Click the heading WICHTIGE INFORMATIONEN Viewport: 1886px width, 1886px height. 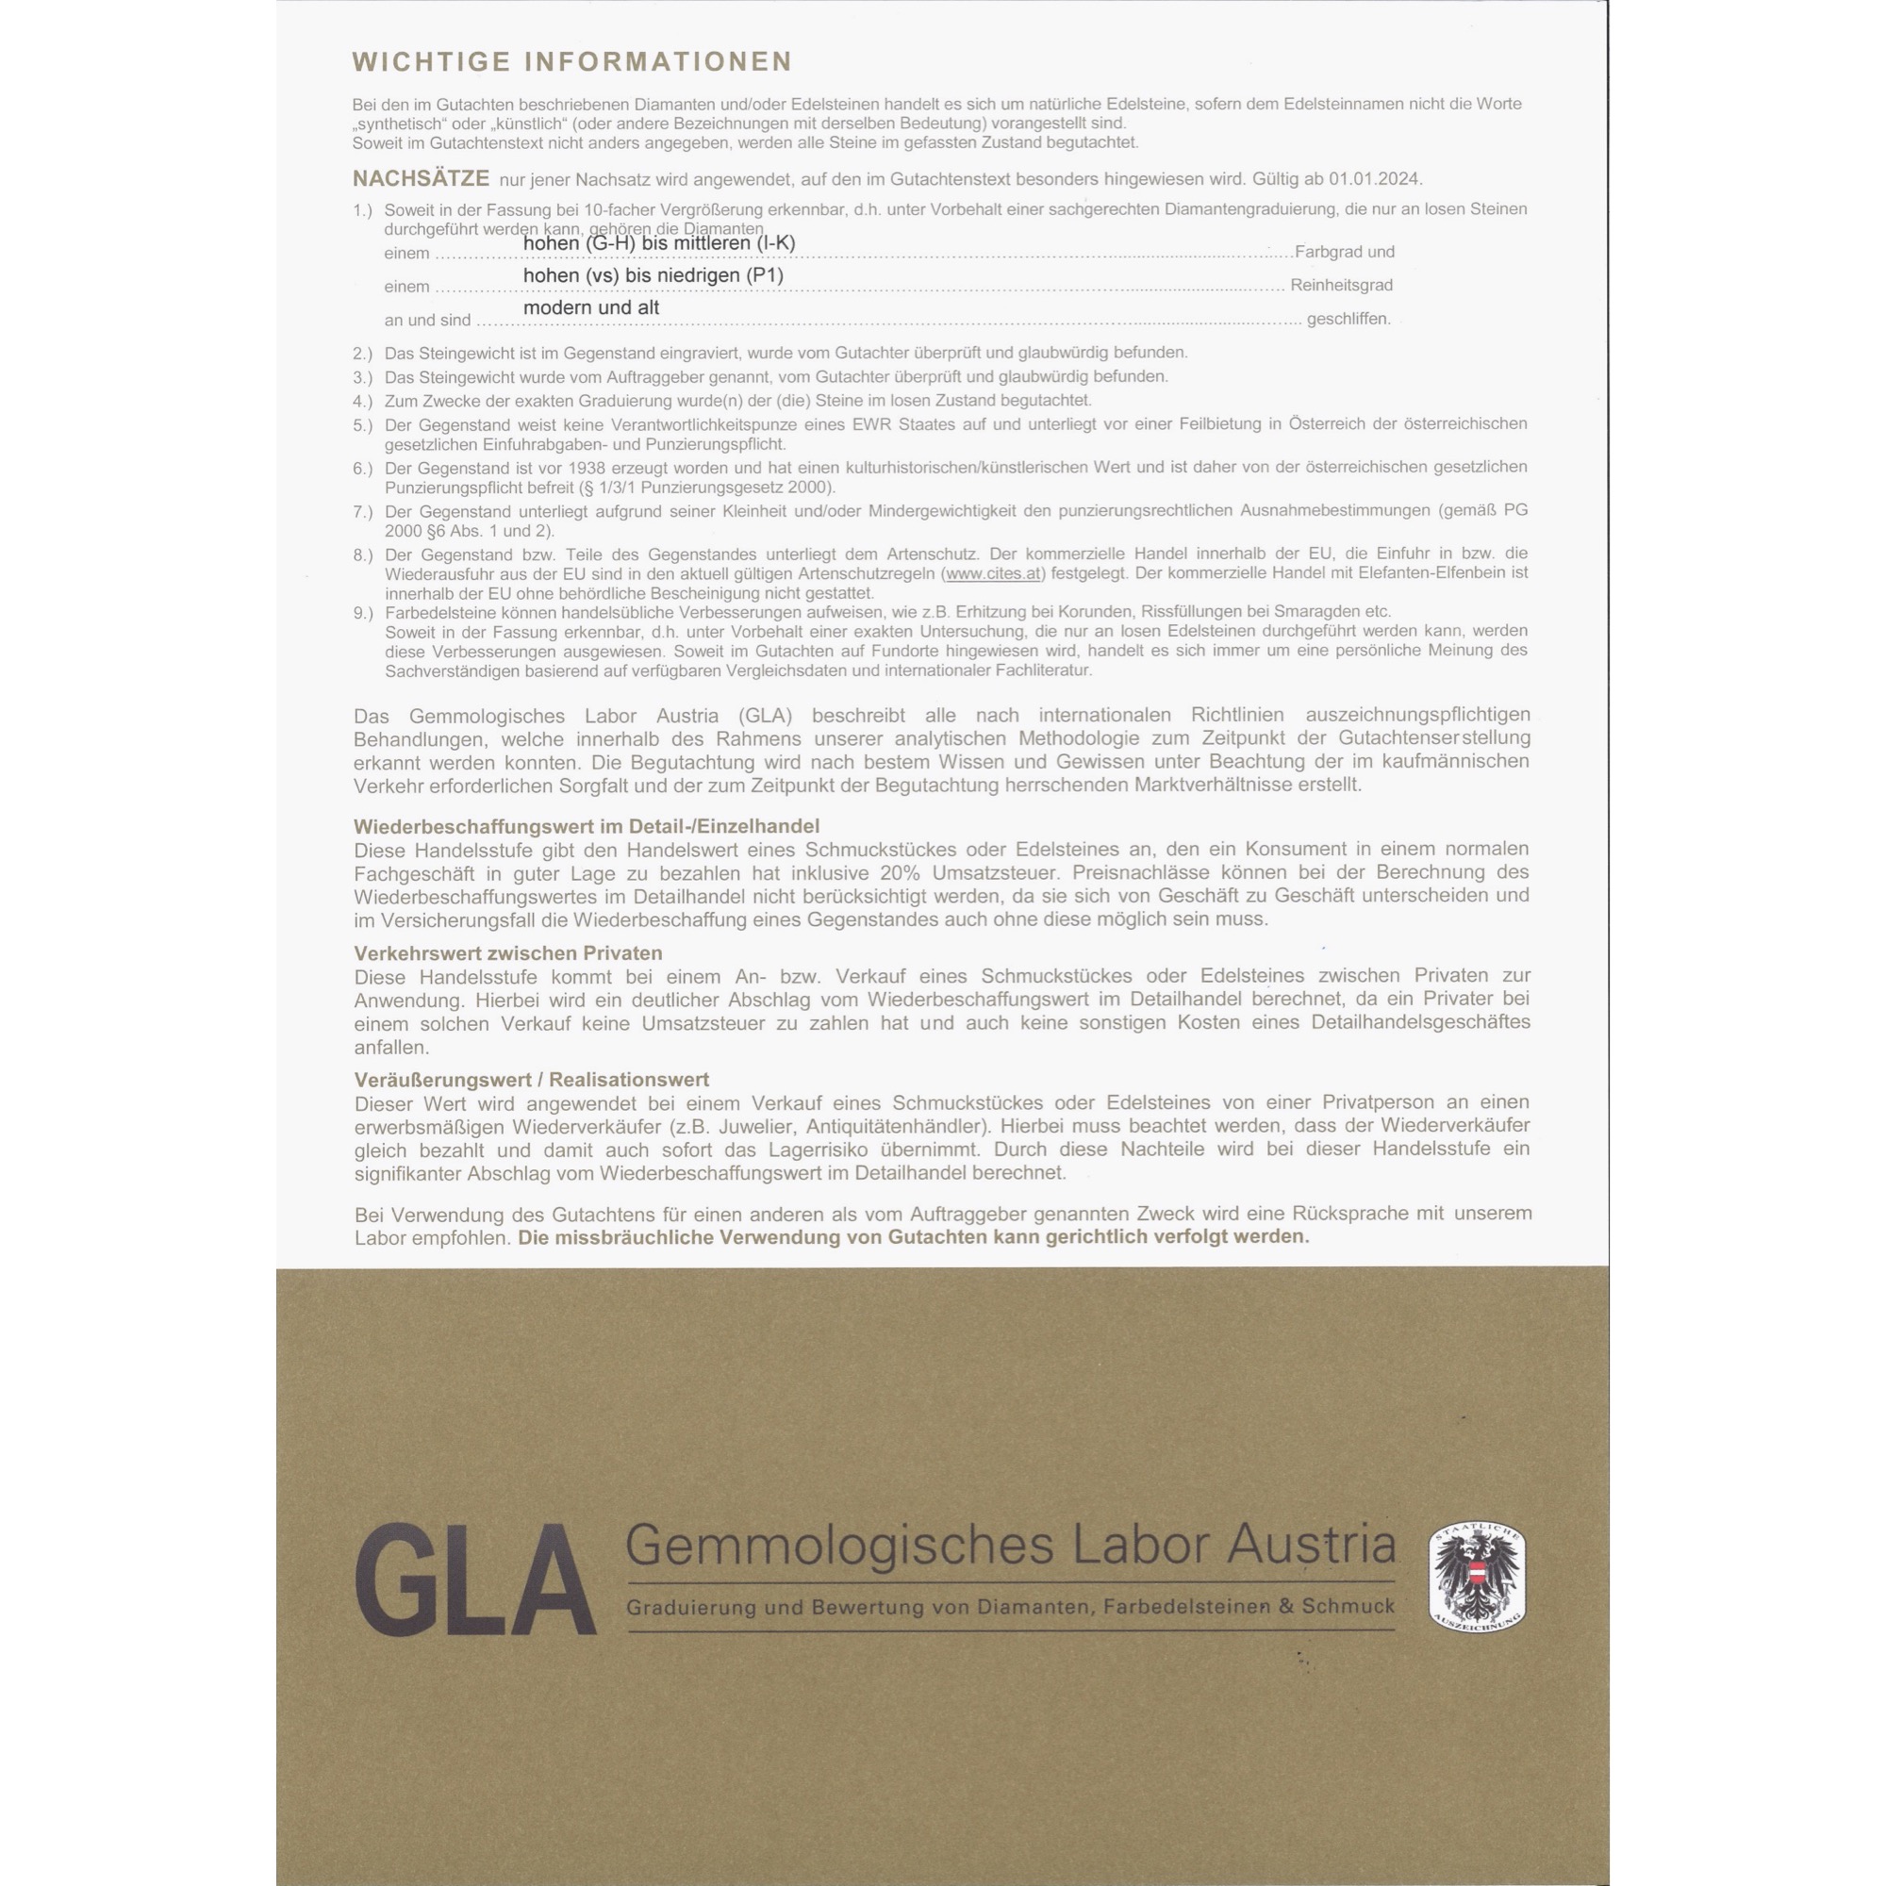point(572,61)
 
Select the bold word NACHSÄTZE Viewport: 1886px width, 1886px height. point(421,178)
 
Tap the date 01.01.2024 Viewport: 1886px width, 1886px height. point(1374,179)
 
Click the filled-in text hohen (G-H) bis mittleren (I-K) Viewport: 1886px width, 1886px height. point(659,243)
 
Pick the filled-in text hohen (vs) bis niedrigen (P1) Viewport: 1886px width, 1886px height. point(653,275)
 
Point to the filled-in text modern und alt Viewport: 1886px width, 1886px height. point(590,307)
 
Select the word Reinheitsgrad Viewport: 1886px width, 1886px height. point(1341,285)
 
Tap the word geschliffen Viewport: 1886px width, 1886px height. point(1348,318)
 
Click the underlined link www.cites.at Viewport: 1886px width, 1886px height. point(993,573)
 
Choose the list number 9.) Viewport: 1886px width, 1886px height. point(363,613)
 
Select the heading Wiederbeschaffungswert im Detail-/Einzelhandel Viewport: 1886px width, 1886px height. point(587,826)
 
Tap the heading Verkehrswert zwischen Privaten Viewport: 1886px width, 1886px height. point(507,952)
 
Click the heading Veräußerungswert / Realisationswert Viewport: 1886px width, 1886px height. point(531,1080)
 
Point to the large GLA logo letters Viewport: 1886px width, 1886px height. point(475,1580)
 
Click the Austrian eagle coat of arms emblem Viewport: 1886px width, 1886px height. point(1477,1577)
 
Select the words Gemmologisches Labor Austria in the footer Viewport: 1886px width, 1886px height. point(1009,1546)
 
